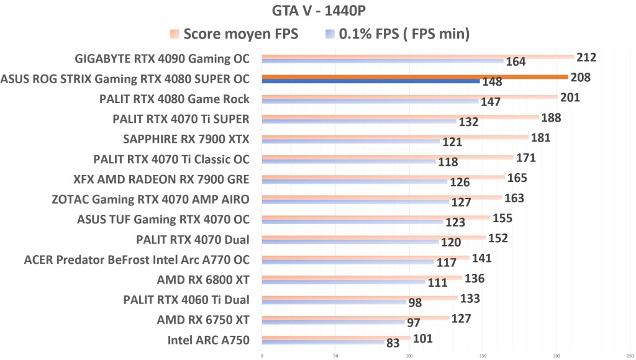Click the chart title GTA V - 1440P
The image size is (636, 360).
(x=317, y=11)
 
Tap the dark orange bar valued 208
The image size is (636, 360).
(x=414, y=77)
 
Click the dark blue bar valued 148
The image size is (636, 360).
(x=370, y=81)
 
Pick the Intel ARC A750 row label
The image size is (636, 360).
(x=208, y=340)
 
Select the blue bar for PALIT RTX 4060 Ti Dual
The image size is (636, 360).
(x=334, y=302)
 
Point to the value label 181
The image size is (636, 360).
(x=540, y=137)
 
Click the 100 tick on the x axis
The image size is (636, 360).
(x=409, y=356)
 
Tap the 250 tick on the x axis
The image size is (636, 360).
(x=630, y=356)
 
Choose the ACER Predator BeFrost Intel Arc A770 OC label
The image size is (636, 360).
(x=137, y=259)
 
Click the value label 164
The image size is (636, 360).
(x=516, y=62)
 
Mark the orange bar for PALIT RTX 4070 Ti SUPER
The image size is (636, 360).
(x=400, y=117)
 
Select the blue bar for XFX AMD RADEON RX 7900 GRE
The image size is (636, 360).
(x=354, y=182)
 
